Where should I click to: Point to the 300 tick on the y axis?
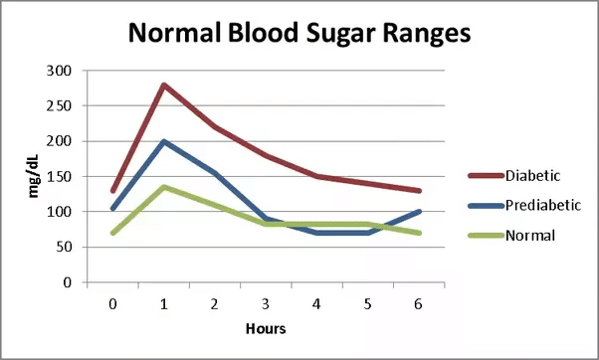click(62, 71)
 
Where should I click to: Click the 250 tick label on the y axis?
click(62, 105)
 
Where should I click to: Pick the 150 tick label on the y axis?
click(62, 176)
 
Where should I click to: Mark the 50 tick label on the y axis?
click(65, 247)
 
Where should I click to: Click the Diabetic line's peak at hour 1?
click(163, 85)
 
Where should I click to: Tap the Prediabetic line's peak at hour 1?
click(163, 141)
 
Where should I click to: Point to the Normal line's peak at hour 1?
click(163, 187)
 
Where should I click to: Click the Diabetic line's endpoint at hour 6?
click(418, 191)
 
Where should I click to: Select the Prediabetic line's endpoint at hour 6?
click(418, 212)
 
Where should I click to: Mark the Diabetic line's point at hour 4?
click(316, 176)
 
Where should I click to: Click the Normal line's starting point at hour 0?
click(112, 233)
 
